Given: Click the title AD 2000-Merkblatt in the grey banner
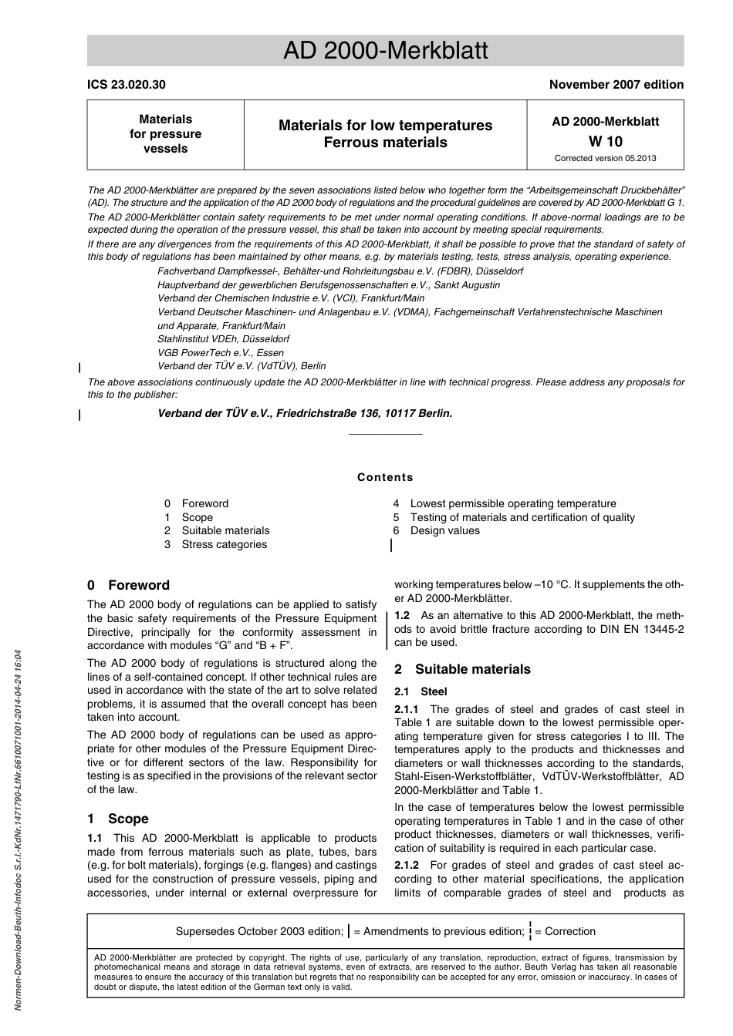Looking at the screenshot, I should point(385,51).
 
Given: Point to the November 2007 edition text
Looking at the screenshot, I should point(616,85).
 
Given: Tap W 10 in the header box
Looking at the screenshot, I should point(605,141).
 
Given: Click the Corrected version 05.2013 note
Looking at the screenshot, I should point(605,159).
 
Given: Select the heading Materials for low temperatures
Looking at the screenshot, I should point(385,125).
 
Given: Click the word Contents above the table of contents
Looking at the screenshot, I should point(385,477).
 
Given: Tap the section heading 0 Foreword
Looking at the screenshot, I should point(128,585).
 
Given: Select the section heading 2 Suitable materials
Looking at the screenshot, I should point(462,669).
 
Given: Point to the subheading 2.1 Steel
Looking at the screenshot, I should point(421,691).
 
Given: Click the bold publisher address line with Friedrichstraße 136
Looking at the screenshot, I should point(305,413).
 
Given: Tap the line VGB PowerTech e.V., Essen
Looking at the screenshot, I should point(221,352).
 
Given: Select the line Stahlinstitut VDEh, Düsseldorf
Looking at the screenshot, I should point(224,338).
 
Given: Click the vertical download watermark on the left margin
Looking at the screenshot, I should point(19,832).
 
